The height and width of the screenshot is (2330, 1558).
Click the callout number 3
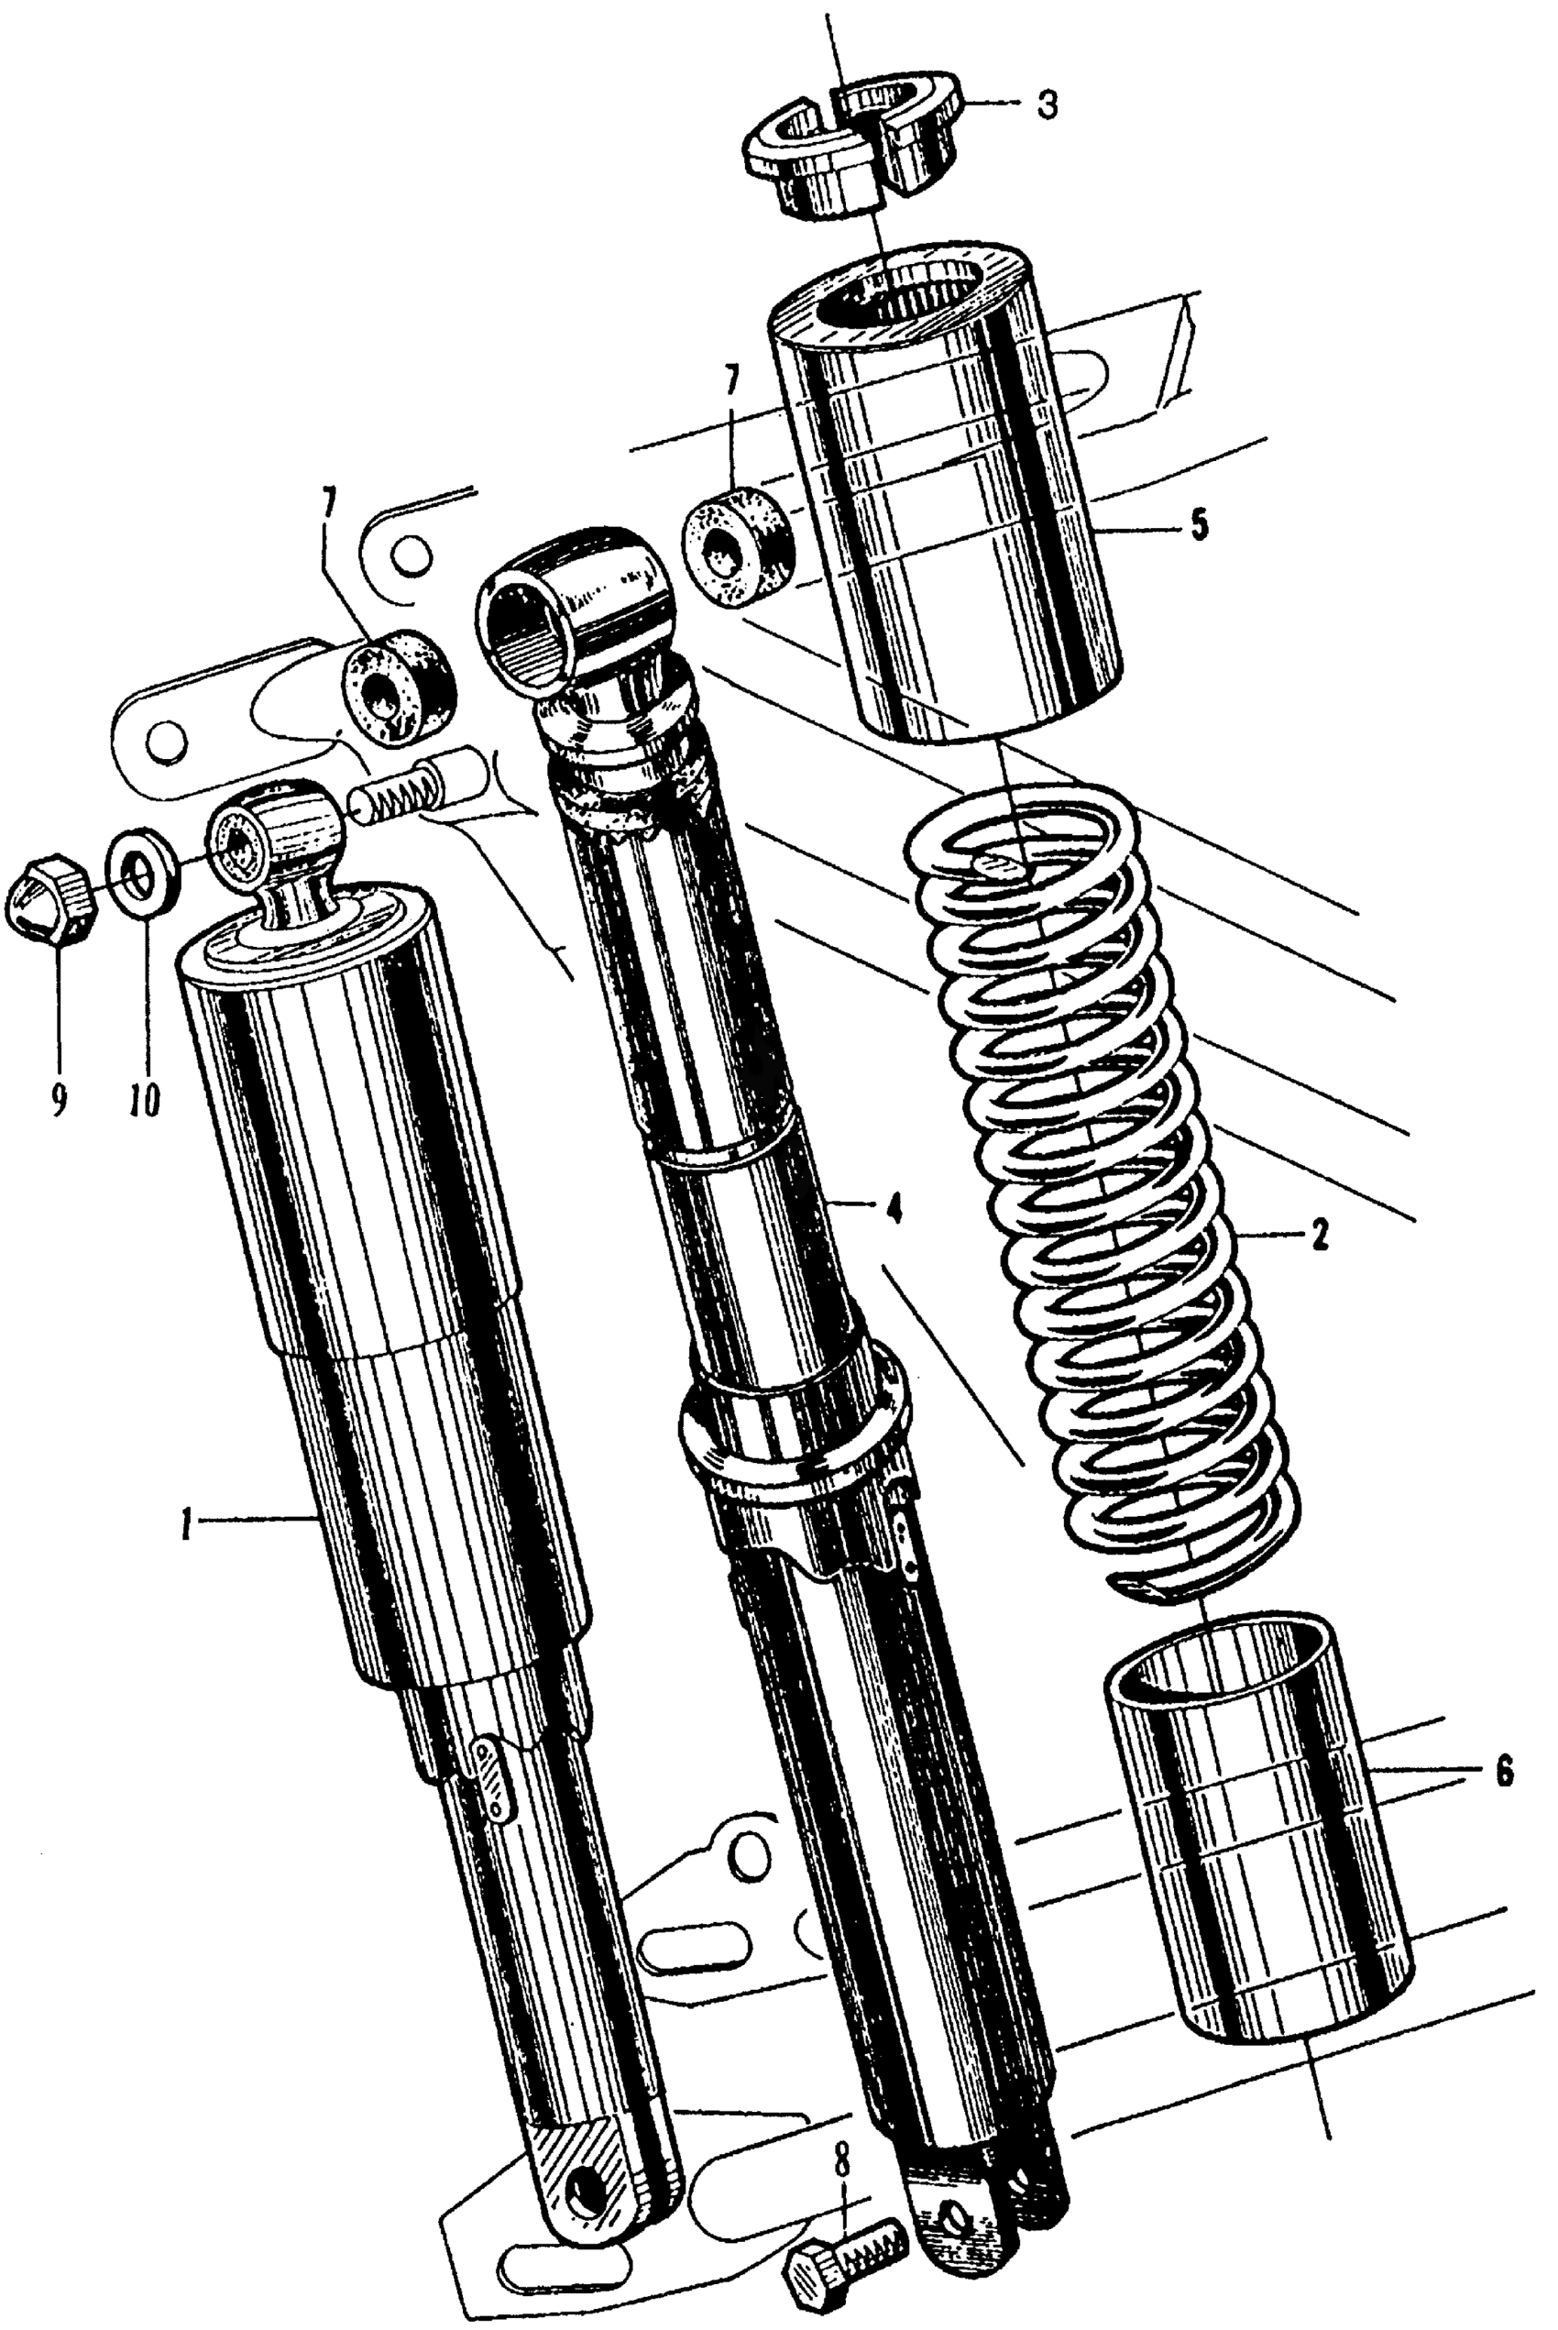(1046, 105)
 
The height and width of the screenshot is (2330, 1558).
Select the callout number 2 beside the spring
(1319, 1237)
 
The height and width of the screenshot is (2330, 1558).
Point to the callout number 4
(894, 1210)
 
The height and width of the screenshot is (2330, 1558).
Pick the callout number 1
(186, 1525)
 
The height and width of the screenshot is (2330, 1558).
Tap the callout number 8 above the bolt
(842, 2162)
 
